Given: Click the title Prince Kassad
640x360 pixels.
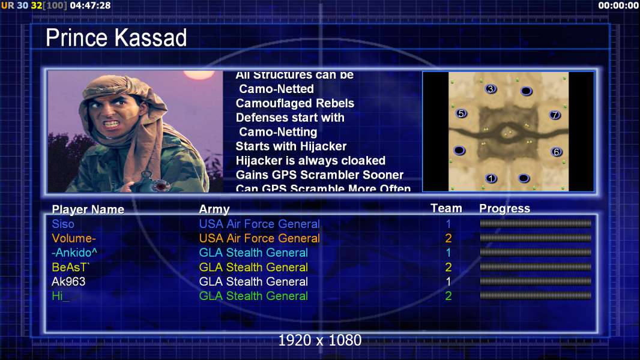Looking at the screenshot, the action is tap(116, 38).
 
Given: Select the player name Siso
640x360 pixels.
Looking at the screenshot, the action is tap(63, 224).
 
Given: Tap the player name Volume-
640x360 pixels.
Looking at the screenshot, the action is tap(73, 238).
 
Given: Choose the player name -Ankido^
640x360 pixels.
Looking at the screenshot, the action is tap(74, 253).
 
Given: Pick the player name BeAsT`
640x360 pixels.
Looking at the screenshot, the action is tap(71, 267).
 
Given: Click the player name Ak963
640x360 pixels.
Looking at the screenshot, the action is tap(68, 281).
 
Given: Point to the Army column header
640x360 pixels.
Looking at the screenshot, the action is tap(214, 209).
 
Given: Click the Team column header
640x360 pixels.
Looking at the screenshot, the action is tap(446, 208).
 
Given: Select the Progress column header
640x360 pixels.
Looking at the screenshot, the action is tap(504, 208).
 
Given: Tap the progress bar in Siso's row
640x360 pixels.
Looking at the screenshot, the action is tap(536, 223).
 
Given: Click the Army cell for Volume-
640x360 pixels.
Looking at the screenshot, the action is tap(259, 238).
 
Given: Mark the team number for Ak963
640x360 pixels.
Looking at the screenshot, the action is tap(448, 281).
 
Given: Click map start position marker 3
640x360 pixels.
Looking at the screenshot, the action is tap(491, 89).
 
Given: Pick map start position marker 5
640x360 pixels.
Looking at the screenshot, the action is tap(461, 113).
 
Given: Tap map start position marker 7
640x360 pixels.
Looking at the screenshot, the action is tap(555, 115).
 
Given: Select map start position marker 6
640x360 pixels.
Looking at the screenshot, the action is tap(557, 152).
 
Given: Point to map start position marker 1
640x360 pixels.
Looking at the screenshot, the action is tap(491, 178).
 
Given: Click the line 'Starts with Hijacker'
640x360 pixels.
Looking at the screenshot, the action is tap(291, 146).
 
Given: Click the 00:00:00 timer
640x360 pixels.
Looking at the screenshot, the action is tap(618, 5).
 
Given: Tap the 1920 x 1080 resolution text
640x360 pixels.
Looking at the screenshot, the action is tap(320, 340).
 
